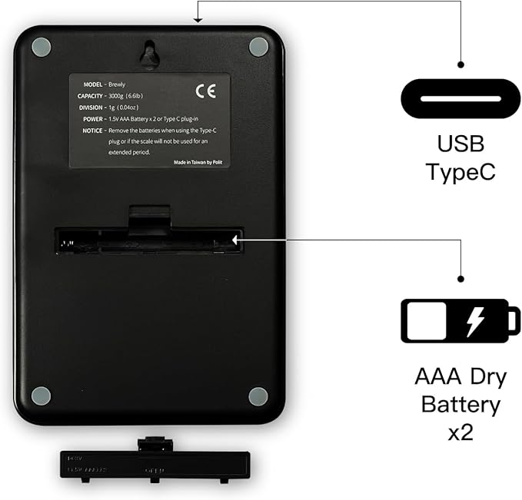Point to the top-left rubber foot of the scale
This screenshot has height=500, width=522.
click(x=42, y=46)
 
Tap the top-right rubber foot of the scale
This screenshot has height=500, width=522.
click(x=258, y=46)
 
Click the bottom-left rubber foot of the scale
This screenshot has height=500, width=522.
click(x=42, y=396)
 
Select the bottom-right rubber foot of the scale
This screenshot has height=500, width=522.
click(x=258, y=396)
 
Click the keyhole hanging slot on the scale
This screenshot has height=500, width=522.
click(x=150, y=53)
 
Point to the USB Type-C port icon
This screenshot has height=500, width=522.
click(x=460, y=100)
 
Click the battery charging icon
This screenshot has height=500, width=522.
click(x=460, y=320)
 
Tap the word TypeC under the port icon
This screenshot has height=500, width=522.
click(x=460, y=171)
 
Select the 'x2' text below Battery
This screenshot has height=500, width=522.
click(x=460, y=431)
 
